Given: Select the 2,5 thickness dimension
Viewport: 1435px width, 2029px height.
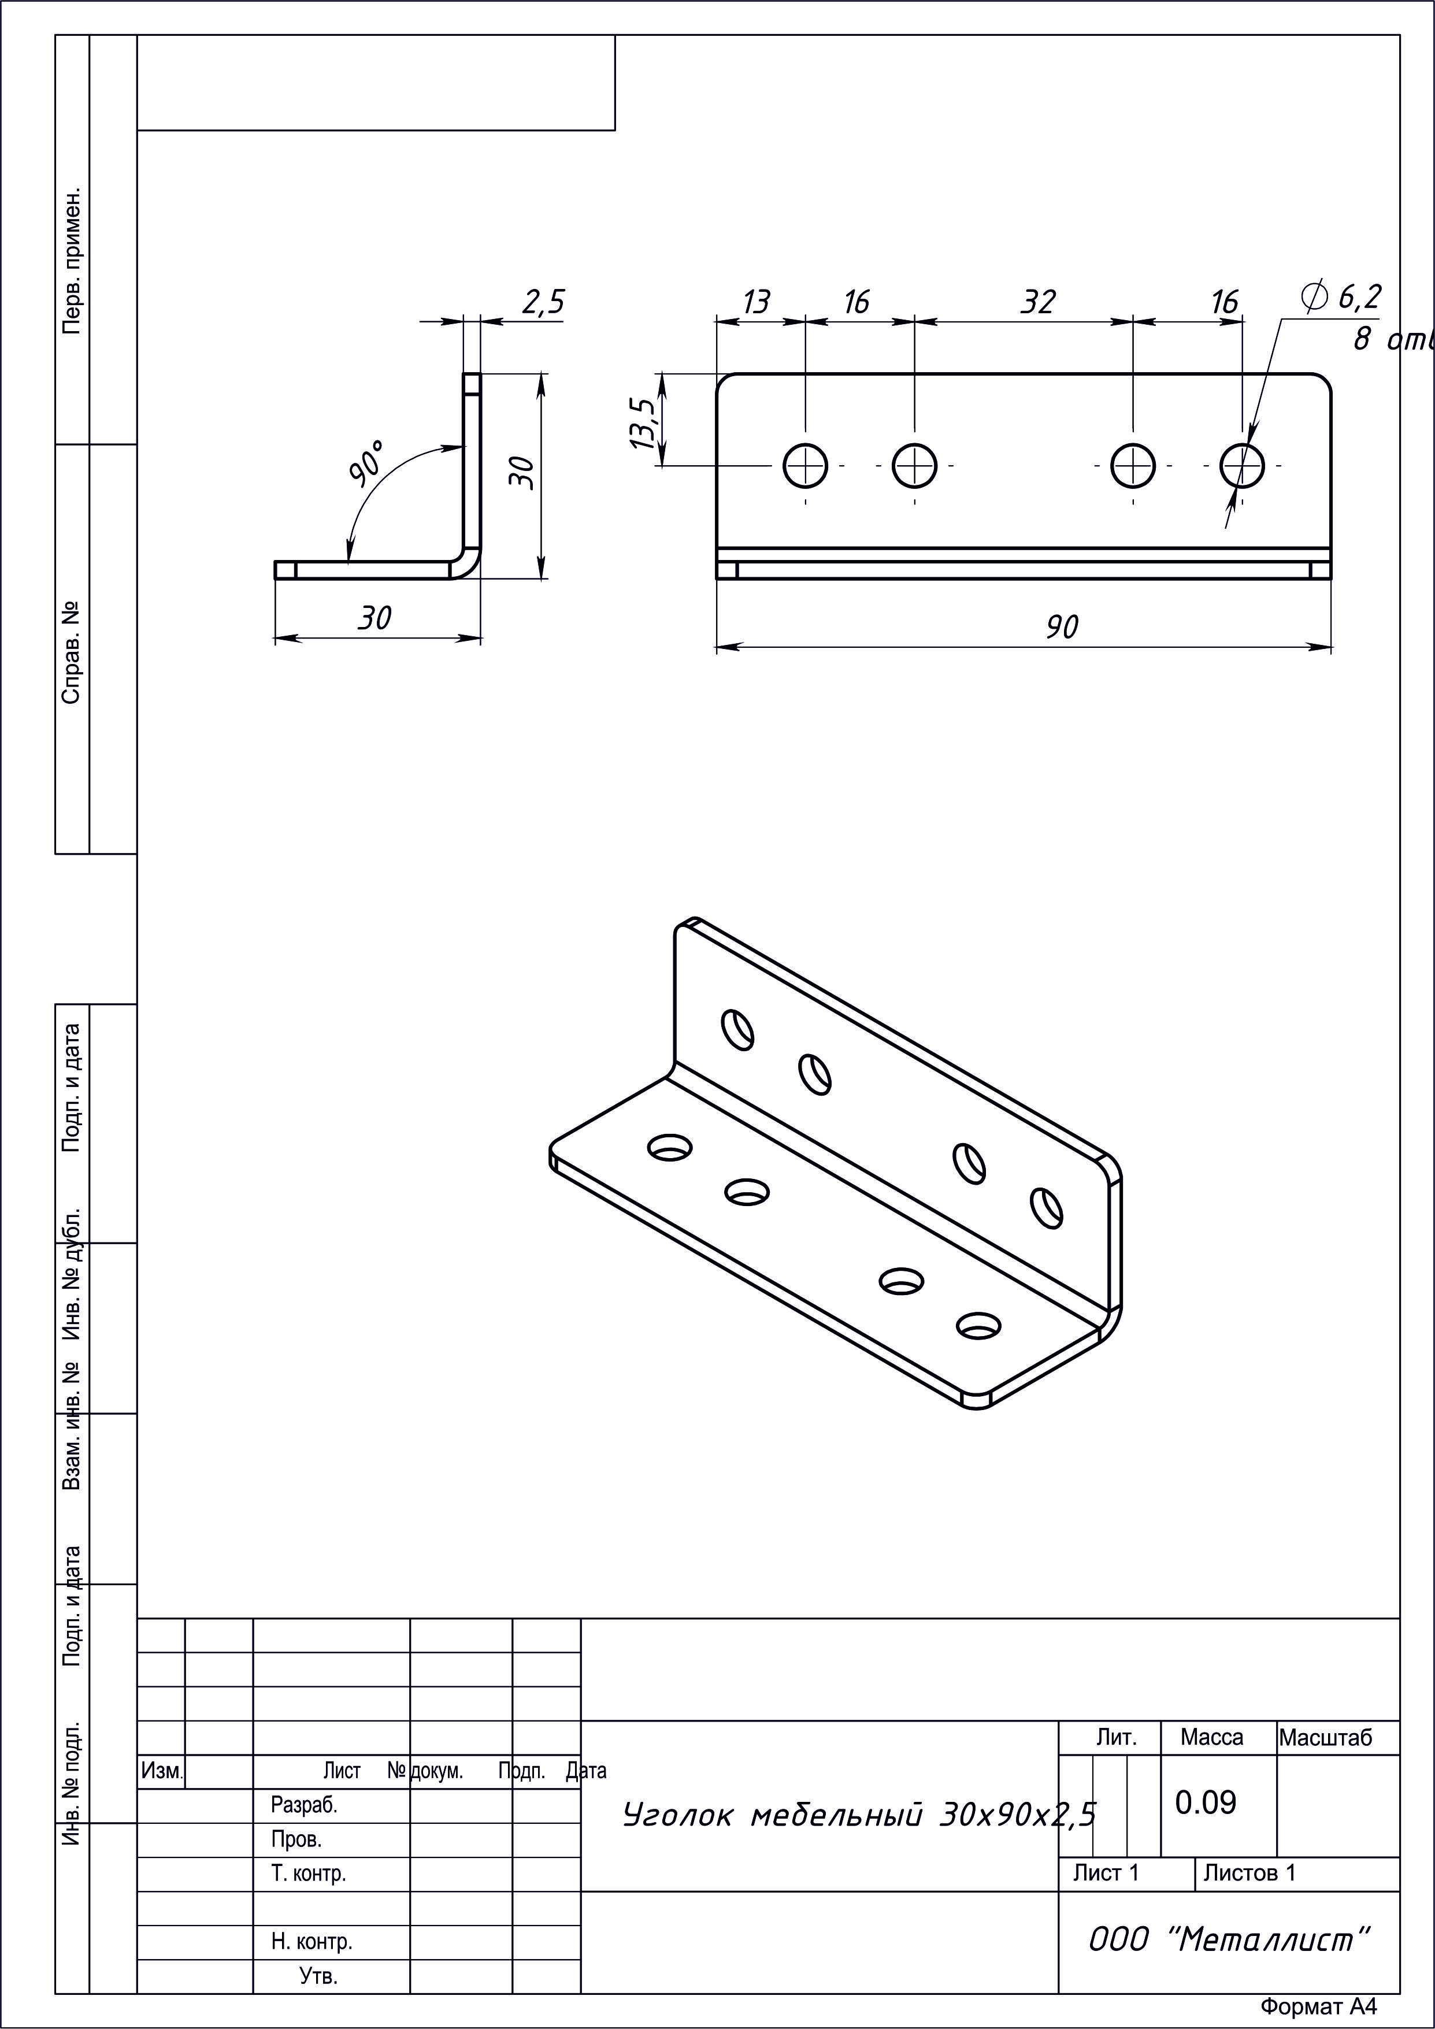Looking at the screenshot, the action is pyautogui.click(x=543, y=302).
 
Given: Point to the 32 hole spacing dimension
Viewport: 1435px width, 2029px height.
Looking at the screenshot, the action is pyautogui.click(x=1039, y=302).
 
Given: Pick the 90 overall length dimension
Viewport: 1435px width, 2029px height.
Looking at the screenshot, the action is pyautogui.click(x=1062, y=626).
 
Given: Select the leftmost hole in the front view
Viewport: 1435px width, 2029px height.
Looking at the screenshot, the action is pyautogui.click(x=805, y=465).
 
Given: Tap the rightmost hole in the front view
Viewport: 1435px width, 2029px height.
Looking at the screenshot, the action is pyautogui.click(x=1243, y=465).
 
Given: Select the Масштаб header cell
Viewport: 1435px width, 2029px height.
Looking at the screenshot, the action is pyautogui.click(x=1325, y=1737).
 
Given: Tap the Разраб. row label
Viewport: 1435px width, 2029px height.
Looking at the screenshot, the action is pyautogui.click(x=304, y=1805).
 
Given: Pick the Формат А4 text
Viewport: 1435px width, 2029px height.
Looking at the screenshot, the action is pyautogui.click(x=1318, y=2007).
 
